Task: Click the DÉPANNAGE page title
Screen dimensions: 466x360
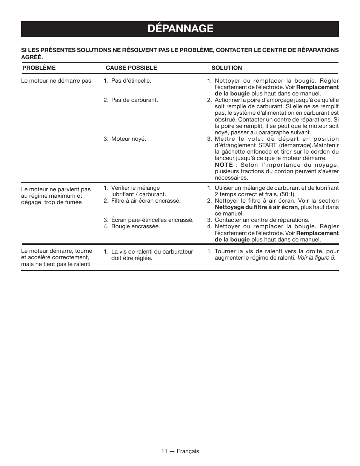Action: tap(180, 29)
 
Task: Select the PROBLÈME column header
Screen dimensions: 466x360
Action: tap(39, 68)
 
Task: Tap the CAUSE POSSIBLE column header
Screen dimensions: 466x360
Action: tap(131, 68)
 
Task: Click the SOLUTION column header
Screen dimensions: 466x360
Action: tap(226, 68)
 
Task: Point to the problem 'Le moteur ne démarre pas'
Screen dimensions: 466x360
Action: tap(56, 81)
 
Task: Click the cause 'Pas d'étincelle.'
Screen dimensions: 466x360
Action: tap(131, 81)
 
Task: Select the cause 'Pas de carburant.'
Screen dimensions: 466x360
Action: tap(134, 100)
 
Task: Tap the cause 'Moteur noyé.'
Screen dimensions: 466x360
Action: tap(128, 139)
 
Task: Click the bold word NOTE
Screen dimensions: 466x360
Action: tap(223, 165)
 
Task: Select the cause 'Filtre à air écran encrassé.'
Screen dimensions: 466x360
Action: tap(145, 201)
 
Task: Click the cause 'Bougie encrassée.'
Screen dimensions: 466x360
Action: tap(135, 226)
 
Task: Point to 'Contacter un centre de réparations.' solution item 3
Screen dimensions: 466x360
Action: tap(262, 220)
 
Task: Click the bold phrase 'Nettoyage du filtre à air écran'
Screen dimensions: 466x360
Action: tap(256, 207)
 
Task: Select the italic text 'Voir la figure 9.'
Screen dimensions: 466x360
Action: tap(316, 258)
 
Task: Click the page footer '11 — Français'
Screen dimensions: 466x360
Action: tap(180, 451)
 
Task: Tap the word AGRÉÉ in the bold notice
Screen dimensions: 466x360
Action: tap(32, 57)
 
